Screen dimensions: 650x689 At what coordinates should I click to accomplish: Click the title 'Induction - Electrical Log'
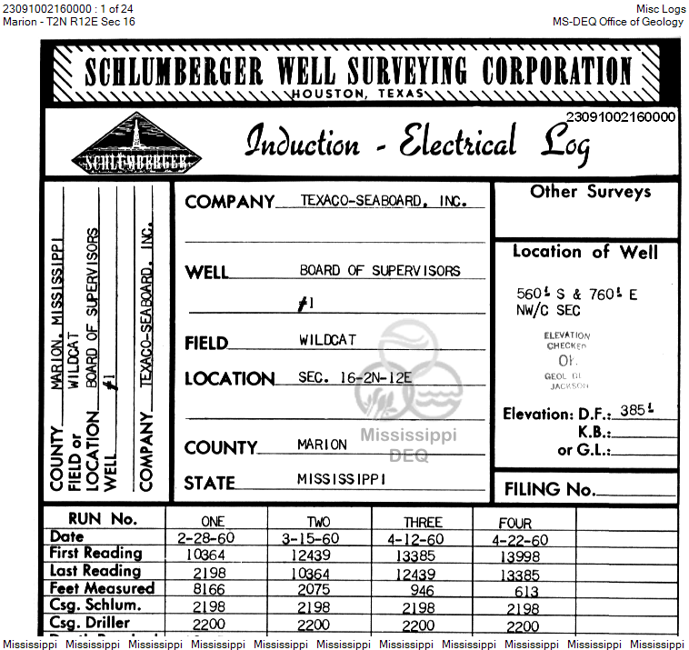pyautogui.click(x=417, y=144)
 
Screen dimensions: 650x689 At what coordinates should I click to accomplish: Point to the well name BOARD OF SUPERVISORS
pyautogui.click(x=380, y=271)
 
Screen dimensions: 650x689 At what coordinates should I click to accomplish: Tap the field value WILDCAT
pyautogui.click(x=327, y=340)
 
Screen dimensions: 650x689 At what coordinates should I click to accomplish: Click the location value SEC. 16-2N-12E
pyautogui.click(x=354, y=376)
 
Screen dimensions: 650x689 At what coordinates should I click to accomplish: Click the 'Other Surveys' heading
pyautogui.click(x=591, y=192)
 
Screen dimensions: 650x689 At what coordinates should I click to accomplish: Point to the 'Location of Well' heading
pyautogui.click(x=584, y=253)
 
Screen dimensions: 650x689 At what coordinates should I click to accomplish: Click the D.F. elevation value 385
pyautogui.click(x=660, y=410)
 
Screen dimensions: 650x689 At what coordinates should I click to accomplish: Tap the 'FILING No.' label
pyautogui.click(x=550, y=489)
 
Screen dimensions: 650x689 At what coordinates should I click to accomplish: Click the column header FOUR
pyautogui.click(x=515, y=523)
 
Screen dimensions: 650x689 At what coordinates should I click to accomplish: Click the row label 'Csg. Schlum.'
pyautogui.click(x=95, y=605)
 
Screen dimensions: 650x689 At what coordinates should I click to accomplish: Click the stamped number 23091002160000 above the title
pyautogui.click(x=621, y=116)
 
